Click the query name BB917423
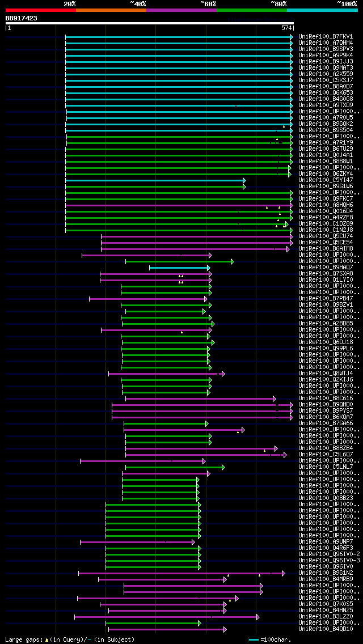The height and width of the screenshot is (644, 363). pos(22,18)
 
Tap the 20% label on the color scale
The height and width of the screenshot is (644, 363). pos(70,4)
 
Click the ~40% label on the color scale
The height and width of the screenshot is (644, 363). pos(138,4)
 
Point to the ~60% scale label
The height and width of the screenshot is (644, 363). pos(208,4)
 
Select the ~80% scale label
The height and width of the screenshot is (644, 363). pos(278,4)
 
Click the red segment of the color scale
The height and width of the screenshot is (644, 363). pos(40,10)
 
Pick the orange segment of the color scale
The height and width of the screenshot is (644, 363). pos(111,10)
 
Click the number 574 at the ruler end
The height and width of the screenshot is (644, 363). pos(286,28)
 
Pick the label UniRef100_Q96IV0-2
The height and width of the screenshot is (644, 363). pos(329,554)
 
